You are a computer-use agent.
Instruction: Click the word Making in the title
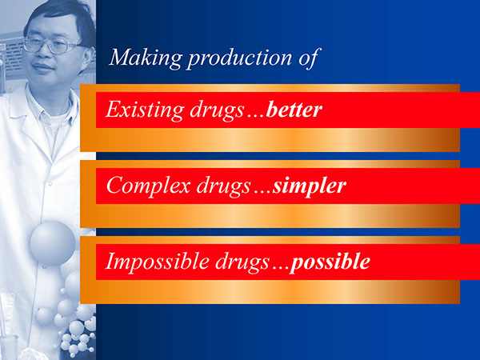tap(137, 58)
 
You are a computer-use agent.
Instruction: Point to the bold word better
tap(294, 109)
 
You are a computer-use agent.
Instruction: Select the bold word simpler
tap(309, 186)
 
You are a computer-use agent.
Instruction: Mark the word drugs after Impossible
tap(240, 262)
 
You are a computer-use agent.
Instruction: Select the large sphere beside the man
tap(53, 242)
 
